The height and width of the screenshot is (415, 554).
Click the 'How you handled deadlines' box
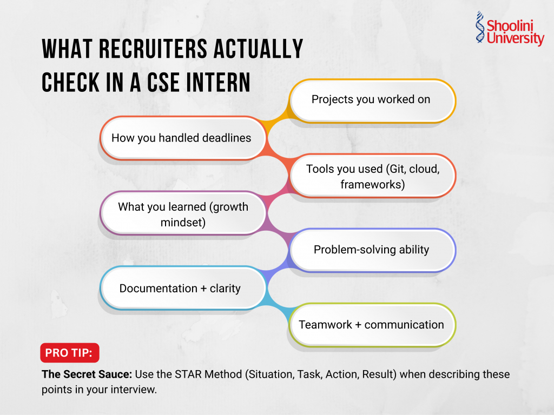pos(181,138)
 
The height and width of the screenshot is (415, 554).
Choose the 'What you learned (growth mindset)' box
pos(183,214)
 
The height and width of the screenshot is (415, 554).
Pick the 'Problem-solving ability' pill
pos(371,250)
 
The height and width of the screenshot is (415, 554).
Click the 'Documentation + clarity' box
pos(180,288)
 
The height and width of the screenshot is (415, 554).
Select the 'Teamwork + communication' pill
pos(371,325)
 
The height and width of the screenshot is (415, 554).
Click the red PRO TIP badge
pos(69,353)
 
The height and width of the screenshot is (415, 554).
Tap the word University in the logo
pos(515,39)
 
